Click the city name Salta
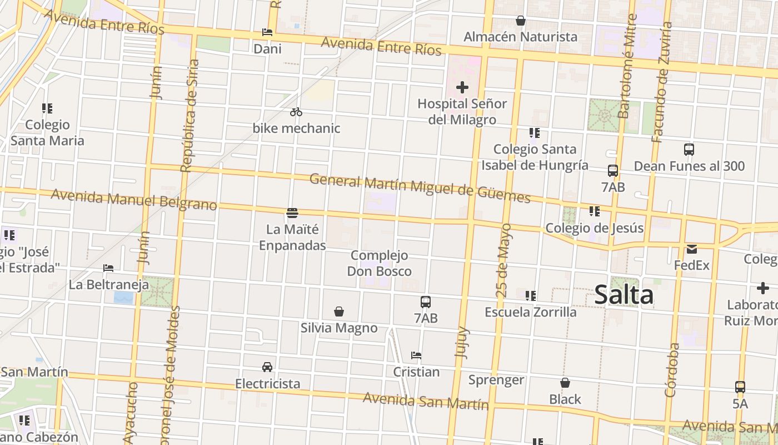pyautogui.click(x=624, y=295)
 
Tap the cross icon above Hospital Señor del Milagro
pyautogui.click(x=462, y=87)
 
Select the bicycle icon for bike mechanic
pyautogui.click(x=296, y=112)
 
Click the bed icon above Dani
pyautogui.click(x=267, y=32)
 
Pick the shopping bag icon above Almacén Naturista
pyautogui.click(x=520, y=21)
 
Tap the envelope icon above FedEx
pyautogui.click(x=692, y=249)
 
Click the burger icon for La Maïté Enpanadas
pyautogui.click(x=292, y=212)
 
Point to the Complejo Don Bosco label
pyautogui.click(x=380, y=263)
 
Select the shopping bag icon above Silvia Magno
pyautogui.click(x=339, y=311)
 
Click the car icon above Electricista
pyautogui.click(x=267, y=367)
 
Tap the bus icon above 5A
pyautogui.click(x=740, y=387)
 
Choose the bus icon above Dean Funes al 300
pyautogui.click(x=689, y=149)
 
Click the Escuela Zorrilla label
pyautogui.click(x=531, y=312)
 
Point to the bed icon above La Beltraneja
pyautogui.click(x=108, y=268)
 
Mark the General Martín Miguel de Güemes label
pyautogui.click(x=420, y=187)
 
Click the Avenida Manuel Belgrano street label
pyautogui.click(x=133, y=200)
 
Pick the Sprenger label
pyautogui.click(x=496, y=380)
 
